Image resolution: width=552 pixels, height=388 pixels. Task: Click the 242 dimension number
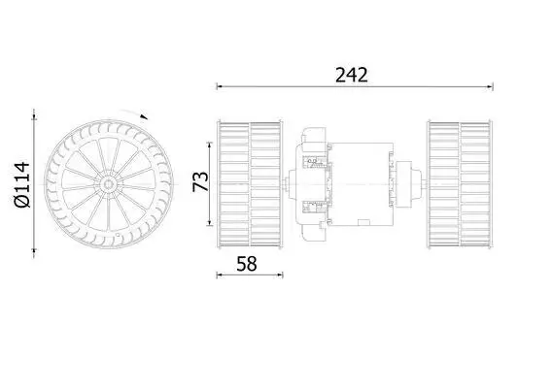(352, 75)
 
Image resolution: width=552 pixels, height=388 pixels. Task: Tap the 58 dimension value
(247, 264)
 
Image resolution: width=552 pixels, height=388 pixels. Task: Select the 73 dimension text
(200, 181)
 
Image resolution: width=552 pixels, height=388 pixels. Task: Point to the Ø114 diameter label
(21, 184)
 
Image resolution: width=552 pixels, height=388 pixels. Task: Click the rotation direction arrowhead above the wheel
(144, 116)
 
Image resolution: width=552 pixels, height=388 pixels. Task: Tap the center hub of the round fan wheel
(109, 183)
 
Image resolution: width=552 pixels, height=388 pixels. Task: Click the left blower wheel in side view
(250, 184)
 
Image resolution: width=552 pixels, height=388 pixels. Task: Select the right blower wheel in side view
(460, 184)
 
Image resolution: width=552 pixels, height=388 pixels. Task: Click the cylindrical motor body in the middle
(362, 184)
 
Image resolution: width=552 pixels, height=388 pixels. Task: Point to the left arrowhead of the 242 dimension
(220, 86)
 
